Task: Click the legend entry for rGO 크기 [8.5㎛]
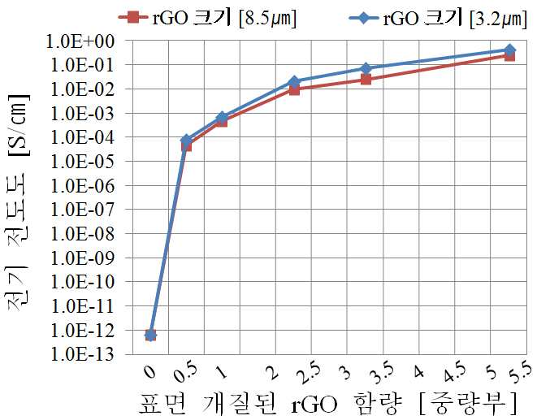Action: click(207, 18)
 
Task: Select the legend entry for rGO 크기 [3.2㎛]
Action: click(438, 18)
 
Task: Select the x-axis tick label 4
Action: click(419, 371)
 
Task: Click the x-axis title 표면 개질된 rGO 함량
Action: click(271, 404)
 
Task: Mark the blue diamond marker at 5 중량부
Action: click(509, 50)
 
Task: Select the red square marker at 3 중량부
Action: click(366, 80)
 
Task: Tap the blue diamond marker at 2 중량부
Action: click(294, 81)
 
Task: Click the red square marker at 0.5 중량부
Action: click(186, 146)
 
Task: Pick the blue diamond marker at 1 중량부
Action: click(222, 117)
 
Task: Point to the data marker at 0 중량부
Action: click(150, 335)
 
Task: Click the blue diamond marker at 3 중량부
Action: click(366, 68)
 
